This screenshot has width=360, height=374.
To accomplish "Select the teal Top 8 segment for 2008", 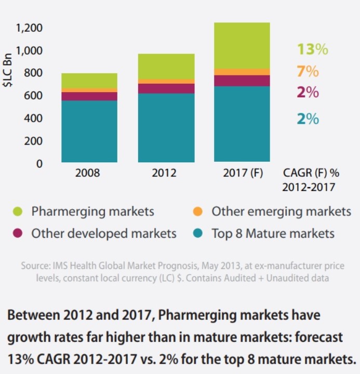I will (89, 131).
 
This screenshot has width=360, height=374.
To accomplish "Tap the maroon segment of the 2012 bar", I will (165, 88).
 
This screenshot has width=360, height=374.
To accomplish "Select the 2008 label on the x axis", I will (89, 172).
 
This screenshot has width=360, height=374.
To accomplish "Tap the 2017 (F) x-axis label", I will (242, 172).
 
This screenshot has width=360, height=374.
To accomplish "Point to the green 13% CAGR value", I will (312, 49).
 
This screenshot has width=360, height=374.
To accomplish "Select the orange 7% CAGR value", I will (308, 71).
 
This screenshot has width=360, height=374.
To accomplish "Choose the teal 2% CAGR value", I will (308, 119).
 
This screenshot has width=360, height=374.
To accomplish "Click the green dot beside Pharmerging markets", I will (18, 212).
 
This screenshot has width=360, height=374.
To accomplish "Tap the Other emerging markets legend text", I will (281, 212).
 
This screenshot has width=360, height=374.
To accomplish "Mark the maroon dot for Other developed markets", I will (18, 234).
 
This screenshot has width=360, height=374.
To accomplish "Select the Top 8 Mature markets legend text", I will (273, 234).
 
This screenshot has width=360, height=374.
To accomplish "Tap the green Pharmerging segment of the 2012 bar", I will (165, 67).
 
